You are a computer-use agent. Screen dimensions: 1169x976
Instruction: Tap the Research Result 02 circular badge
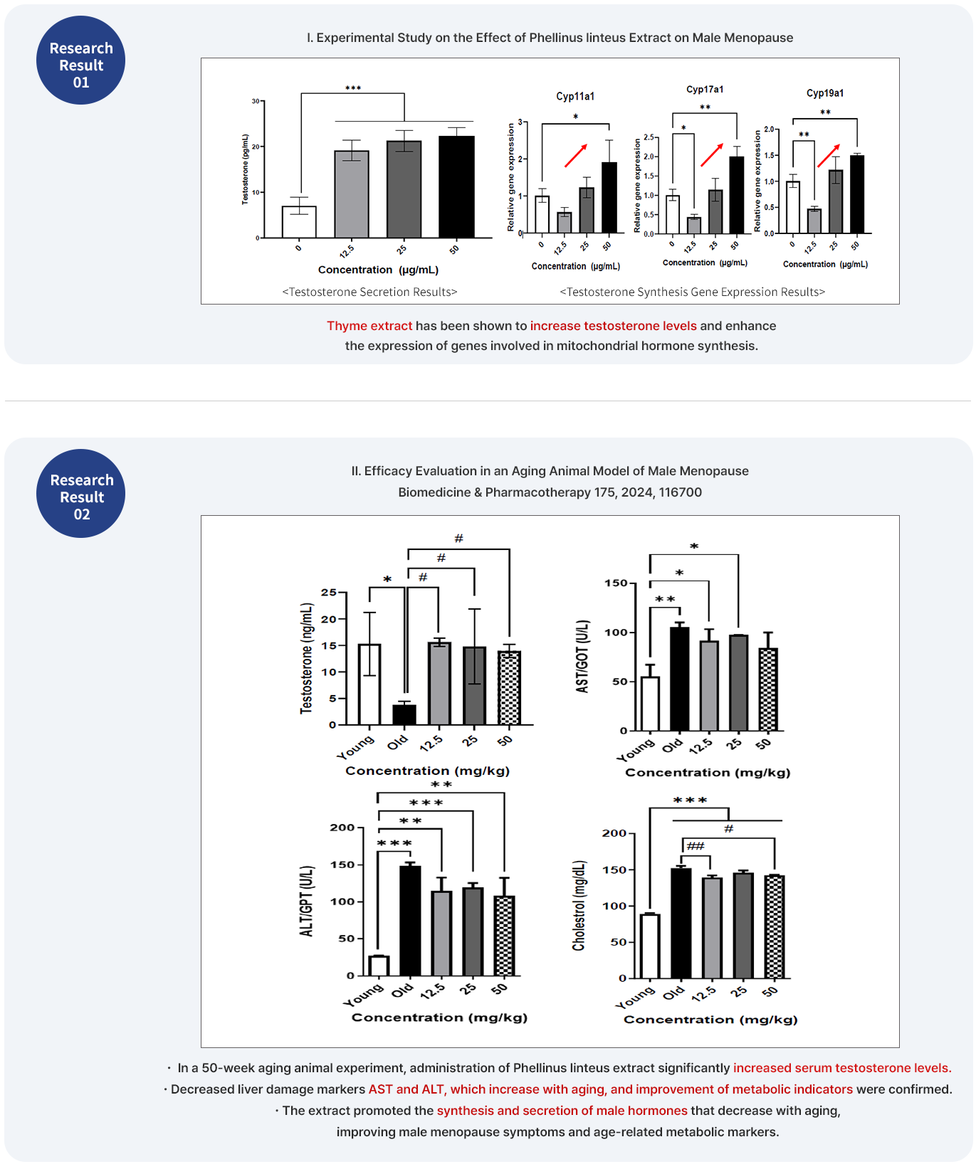[x=80, y=493]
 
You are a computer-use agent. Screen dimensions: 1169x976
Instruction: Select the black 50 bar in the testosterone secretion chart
[x=456, y=186]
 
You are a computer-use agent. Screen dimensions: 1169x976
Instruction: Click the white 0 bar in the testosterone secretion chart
[x=299, y=222]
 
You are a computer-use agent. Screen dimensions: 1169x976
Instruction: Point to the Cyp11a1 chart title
[x=575, y=96]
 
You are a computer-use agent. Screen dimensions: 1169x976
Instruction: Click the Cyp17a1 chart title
[x=705, y=89]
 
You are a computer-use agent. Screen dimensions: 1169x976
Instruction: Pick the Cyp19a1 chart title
[x=825, y=93]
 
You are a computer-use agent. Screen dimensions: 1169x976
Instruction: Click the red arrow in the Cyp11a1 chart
[x=576, y=155]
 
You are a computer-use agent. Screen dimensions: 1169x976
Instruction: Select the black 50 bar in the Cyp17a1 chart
[x=736, y=195]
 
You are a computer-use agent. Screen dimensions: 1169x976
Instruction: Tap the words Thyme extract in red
[x=369, y=326]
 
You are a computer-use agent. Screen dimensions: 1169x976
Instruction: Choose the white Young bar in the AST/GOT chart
[x=650, y=704]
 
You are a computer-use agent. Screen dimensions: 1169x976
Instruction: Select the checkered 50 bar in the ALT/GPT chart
[x=504, y=936]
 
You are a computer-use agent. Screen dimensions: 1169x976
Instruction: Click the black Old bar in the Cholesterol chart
[x=681, y=923]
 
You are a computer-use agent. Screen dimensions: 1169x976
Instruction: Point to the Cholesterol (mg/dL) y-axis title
[x=579, y=905]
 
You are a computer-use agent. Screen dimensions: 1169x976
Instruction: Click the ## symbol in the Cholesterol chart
[x=696, y=846]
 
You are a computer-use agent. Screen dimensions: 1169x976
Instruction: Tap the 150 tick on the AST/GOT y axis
[x=616, y=583]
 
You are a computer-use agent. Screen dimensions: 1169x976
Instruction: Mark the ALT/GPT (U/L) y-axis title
[x=307, y=901]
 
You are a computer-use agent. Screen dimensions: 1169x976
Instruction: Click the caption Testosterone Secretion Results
[x=369, y=292]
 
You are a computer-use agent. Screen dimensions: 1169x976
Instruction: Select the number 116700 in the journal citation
[x=680, y=492]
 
